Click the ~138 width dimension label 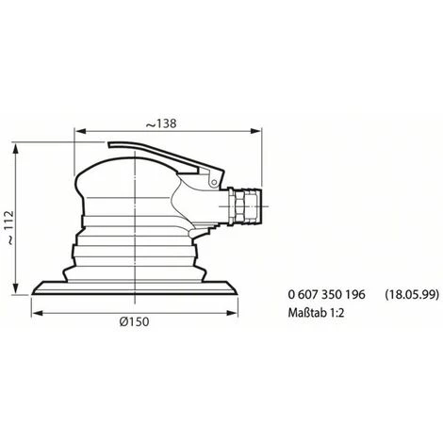[161, 123]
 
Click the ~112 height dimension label [10, 227]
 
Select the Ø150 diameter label [134, 321]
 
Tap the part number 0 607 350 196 [327, 294]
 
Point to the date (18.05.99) [412, 294]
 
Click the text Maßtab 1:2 [316, 313]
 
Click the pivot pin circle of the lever [214, 182]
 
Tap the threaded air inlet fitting [244, 206]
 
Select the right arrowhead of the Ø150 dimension [232, 313]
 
